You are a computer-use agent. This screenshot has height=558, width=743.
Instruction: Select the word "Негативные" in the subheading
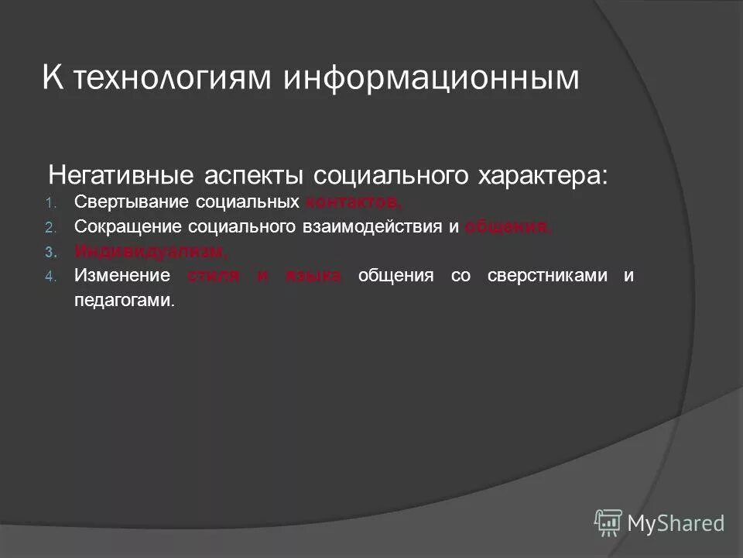pyautogui.click(x=125, y=174)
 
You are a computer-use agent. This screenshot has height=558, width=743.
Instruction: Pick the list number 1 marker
pyautogui.click(x=50, y=203)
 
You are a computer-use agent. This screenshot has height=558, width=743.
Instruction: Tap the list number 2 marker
pyautogui.click(x=50, y=227)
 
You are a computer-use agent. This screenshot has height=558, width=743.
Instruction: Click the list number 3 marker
pyautogui.click(x=50, y=252)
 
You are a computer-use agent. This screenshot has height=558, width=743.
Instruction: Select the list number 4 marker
pyautogui.click(x=50, y=277)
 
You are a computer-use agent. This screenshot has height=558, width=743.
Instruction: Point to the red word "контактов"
pyautogui.click(x=353, y=202)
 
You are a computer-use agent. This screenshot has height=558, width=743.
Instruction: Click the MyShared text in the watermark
pyautogui.click(x=676, y=524)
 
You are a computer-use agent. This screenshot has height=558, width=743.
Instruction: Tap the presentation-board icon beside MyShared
pyautogui.click(x=608, y=523)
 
